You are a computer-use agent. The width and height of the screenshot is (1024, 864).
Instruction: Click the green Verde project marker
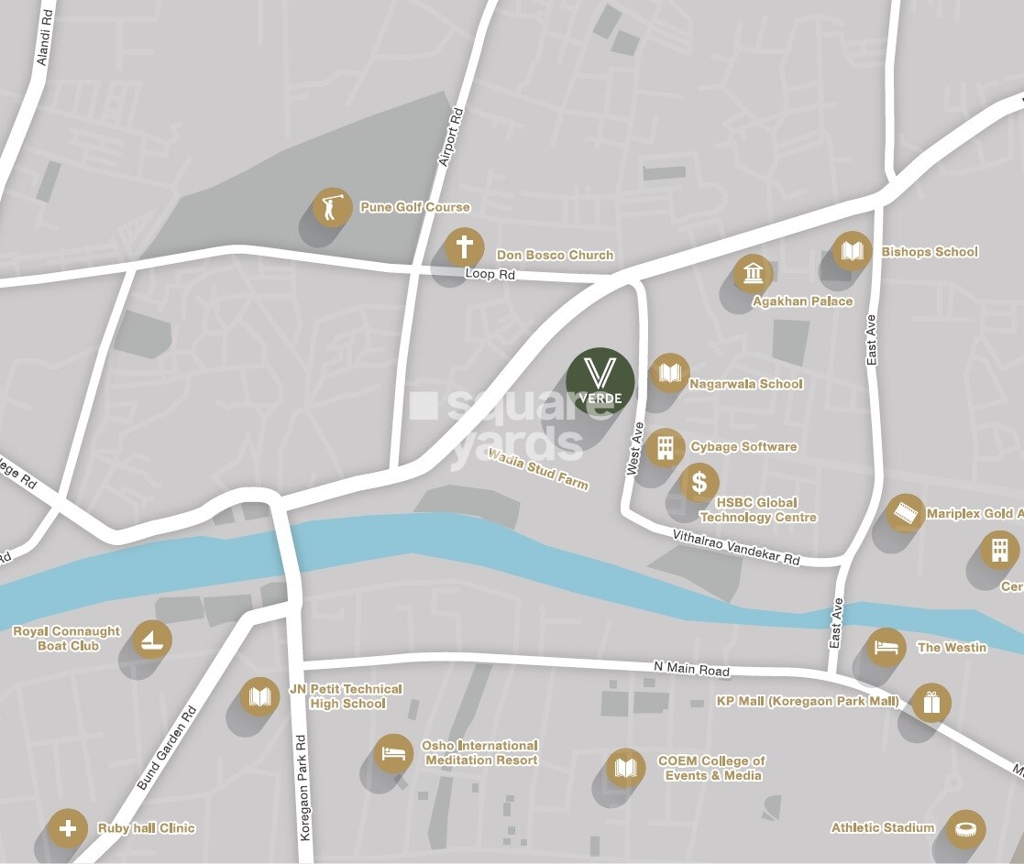pyautogui.click(x=600, y=381)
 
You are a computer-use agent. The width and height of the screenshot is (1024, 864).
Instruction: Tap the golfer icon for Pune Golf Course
pyautogui.click(x=332, y=208)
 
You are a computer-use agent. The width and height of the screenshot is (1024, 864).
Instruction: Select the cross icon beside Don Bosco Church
pyautogui.click(x=464, y=247)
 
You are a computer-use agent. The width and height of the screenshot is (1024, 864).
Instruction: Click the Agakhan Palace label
pyautogui.click(x=802, y=301)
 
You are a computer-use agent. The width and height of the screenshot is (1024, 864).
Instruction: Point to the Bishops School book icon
pyautogui.click(x=852, y=251)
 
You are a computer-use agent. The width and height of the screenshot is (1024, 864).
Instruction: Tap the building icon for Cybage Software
pyautogui.click(x=665, y=448)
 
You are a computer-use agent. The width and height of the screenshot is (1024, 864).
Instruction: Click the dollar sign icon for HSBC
pyautogui.click(x=699, y=482)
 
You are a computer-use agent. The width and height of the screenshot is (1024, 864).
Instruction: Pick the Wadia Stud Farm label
pyautogui.click(x=538, y=469)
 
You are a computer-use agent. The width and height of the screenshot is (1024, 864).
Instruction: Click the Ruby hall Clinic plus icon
pyautogui.click(x=67, y=828)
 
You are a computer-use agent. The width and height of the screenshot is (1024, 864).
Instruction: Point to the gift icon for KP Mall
pyautogui.click(x=931, y=703)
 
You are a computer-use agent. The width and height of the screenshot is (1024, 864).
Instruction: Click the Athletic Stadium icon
pyautogui.click(x=965, y=828)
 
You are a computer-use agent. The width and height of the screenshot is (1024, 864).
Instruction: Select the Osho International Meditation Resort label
pyautogui.click(x=479, y=753)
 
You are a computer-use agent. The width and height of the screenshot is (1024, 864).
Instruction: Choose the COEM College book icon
pyautogui.click(x=625, y=768)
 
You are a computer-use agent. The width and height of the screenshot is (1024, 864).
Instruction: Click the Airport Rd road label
pyautogui.click(x=451, y=137)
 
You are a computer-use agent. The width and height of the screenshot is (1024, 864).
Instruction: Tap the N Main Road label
pyautogui.click(x=691, y=670)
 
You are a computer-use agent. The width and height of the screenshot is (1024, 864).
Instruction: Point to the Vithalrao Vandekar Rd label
pyautogui.click(x=736, y=547)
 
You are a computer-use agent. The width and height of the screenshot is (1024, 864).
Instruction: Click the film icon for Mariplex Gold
pyautogui.click(x=906, y=513)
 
